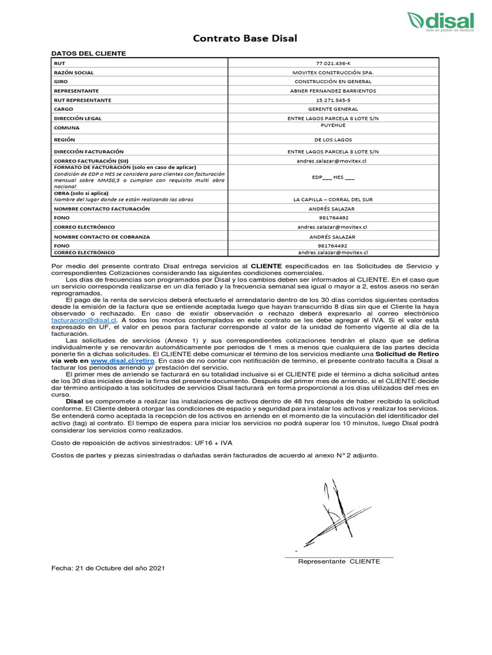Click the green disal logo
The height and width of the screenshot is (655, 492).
tap(441, 22)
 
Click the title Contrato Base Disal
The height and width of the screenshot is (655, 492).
tap(245, 39)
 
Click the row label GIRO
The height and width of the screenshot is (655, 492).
tap(61, 82)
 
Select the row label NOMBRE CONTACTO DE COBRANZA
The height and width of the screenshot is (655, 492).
tap(102, 237)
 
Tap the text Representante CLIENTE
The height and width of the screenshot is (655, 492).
tap(339, 561)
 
